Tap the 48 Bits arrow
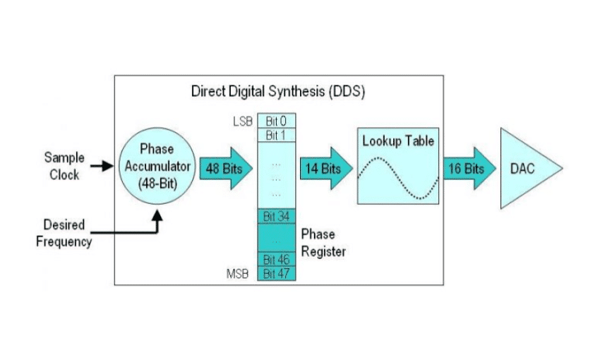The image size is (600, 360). [225, 169]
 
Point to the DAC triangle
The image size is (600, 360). [526, 169]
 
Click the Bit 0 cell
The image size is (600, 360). [276, 121]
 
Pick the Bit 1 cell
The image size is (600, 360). [276, 134]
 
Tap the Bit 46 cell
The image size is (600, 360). [276, 260]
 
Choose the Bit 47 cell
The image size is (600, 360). [276, 273]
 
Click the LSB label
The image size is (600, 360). [242, 121]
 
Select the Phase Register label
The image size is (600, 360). [323, 242]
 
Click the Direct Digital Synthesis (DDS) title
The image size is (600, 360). [279, 92]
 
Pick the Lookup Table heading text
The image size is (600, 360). [398, 141]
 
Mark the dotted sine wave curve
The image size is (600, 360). [399, 178]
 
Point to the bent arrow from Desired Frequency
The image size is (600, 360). [134, 230]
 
